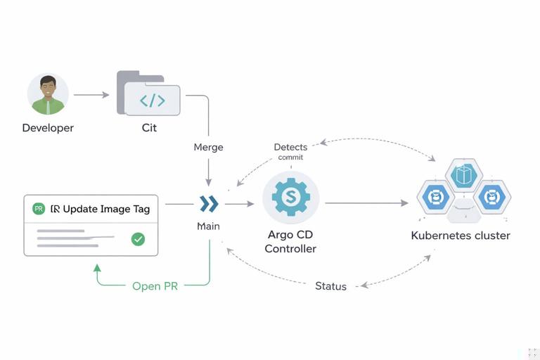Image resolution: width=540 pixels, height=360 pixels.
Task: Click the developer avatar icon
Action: pyautogui.click(x=48, y=94)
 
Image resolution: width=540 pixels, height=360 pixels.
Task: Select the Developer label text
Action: pyautogui.click(x=48, y=128)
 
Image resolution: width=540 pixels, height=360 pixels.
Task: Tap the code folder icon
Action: pyautogui.click(x=149, y=94)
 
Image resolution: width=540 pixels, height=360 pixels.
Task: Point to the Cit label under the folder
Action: pyautogui.click(x=149, y=128)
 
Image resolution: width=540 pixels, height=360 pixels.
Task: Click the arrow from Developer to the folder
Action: pyautogui.click(x=91, y=94)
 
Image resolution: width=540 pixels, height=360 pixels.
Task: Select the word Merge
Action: pyautogui.click(x=208, y=147)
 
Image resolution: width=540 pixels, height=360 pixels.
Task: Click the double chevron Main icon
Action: pyautogui.click(x=209, y=204)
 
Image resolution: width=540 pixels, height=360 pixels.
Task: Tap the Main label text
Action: pyautogui.click(x=208, y=226)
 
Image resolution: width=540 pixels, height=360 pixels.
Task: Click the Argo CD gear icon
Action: pyautogui.click(x=290, y=198)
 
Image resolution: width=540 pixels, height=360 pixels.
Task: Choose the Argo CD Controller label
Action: pyautogui.click(x=290, y=241)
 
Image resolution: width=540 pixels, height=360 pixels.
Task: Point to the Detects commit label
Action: pyautogui.click(x=290, y=151)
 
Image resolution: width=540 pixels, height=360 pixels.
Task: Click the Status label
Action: pyautogui.click(x=330, y=286)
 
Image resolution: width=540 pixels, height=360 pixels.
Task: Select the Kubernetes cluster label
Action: pyautogui.click(x=461, y=236)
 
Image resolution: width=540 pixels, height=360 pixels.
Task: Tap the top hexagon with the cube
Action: pyautogui.click(x=463, y=176)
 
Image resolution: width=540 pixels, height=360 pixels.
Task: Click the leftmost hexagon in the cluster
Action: pyautogui.click(x=435, y=198)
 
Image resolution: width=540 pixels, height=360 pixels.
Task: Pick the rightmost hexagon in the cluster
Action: pyautogui.click(x=491, y=198)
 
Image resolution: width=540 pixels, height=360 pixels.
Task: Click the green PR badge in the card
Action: pyautogui.click(x=39, y=209)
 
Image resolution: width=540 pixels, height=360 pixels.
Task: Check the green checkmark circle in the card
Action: pyautogui.click(x=139, y=239)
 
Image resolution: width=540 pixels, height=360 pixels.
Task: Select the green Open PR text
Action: pyautogui.click(x=155, y=286)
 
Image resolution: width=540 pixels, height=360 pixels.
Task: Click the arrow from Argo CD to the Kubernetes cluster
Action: pyautogui.click(x=366, y=203)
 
